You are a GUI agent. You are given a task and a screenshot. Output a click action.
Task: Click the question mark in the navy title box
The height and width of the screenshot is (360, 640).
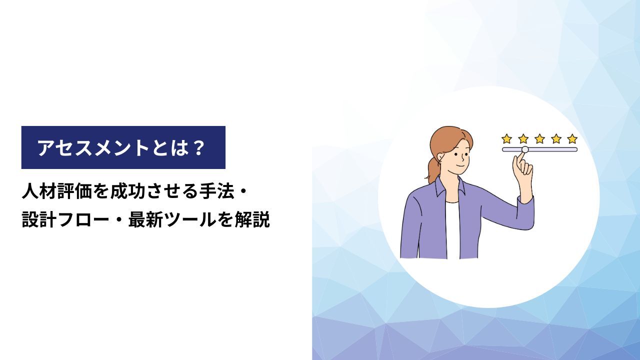197,147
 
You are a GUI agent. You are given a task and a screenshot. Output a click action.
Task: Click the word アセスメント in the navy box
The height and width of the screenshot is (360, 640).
93,147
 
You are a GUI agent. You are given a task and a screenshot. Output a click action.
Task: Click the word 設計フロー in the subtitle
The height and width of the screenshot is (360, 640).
65,220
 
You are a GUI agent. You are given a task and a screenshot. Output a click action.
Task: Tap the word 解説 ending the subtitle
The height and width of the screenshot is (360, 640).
252,220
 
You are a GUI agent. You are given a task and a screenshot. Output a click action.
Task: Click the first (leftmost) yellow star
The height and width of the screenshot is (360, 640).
506,139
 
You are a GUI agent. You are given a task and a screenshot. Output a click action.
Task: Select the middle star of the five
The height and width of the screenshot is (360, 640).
539,139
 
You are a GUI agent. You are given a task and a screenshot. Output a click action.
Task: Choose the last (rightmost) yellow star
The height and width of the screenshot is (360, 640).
572,139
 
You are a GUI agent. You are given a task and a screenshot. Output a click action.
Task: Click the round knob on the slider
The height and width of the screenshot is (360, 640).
525,149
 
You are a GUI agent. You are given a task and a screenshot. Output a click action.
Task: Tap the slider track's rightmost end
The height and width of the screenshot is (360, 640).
577,149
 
